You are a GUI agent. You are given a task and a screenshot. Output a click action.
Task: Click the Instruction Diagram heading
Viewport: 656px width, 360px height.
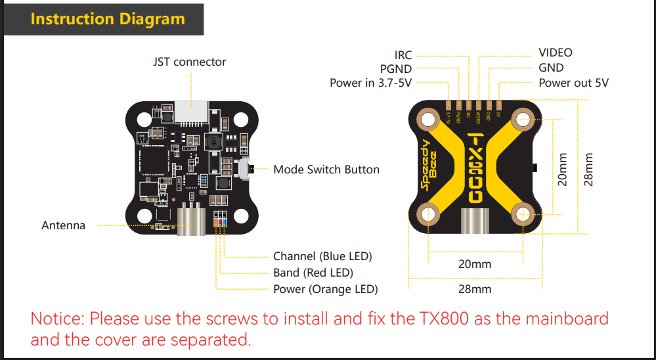tap(108, 18)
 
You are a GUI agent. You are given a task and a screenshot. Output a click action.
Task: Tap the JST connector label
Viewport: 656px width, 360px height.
tap(189, 62)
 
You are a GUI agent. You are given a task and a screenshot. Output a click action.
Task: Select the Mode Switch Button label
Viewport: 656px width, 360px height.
tap(326, 169)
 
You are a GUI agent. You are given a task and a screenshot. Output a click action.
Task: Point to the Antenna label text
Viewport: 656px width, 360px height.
tap(63, 225)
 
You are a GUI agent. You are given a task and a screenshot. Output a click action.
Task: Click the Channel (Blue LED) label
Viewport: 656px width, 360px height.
tap(322, 256)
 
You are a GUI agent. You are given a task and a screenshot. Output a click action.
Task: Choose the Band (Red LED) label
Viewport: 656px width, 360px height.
tap(313, 273)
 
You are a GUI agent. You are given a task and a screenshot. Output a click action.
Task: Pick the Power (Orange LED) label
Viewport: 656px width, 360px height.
tap(325, 289)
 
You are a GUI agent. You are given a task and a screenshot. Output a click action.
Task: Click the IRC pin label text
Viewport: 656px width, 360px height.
tap(403, 55)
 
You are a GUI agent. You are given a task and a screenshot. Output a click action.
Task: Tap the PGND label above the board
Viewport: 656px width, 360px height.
tap(395, 68)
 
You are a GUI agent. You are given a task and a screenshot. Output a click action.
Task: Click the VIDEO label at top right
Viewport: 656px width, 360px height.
tap(555, 53)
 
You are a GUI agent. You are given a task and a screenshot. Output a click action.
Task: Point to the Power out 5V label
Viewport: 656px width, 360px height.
tap(573, 83)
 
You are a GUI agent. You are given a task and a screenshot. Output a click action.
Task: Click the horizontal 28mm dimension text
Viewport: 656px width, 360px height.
tap(475, 289)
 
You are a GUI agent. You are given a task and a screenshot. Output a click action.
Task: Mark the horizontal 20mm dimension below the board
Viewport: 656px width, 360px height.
tap(475, 264)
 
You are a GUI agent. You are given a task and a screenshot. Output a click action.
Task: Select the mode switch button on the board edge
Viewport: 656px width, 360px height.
tap(246, 169)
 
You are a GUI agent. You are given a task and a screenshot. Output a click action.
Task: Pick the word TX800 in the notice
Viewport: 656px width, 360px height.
tap(445, 319)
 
